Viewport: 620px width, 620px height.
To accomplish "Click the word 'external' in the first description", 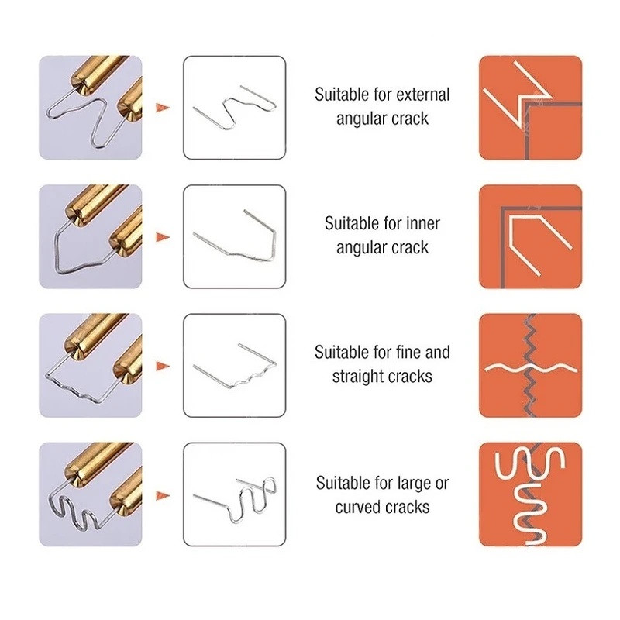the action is coord(423,95).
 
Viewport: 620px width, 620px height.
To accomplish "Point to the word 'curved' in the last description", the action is coord(359,507).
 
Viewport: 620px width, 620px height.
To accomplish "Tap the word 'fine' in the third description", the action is coord(409,353).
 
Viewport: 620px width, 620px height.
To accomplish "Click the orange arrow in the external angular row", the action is coord(163,108).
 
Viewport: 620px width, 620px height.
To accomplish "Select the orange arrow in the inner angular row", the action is coord(163,237).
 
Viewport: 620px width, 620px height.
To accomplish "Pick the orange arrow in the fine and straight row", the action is coord(163,366).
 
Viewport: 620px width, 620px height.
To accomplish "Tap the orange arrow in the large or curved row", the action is coord(163,495).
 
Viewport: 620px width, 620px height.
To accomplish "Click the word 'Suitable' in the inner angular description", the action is coord(350,223).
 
